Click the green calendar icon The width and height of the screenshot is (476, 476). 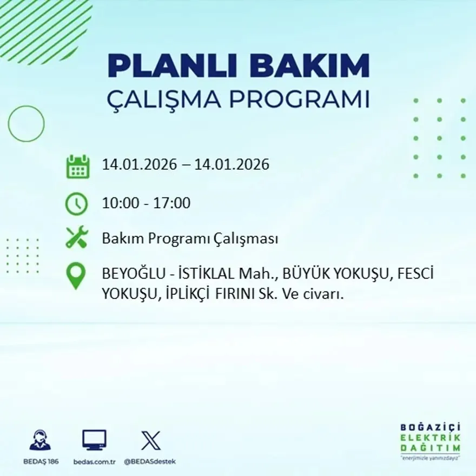[77, 167]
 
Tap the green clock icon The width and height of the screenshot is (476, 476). [76, 204]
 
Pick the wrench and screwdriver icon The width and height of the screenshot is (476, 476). [76, 237]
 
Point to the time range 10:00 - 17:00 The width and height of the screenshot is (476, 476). [146, 203]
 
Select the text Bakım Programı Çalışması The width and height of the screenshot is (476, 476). [190, 239]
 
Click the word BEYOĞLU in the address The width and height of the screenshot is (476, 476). [128, 274]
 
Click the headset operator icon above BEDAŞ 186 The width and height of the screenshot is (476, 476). [40, 440]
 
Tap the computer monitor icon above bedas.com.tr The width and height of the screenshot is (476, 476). [94, 440]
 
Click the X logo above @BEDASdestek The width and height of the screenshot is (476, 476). [150, 440]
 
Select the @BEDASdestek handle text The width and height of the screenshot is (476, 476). [150, 461]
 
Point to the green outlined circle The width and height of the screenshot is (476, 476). [26, 124]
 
